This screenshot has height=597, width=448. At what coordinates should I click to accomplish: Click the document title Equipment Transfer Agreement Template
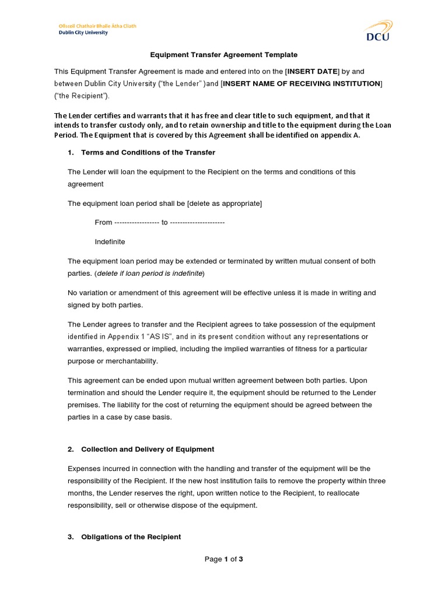tap(224, 55)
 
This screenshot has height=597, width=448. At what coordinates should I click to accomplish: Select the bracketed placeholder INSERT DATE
tap(311, 71)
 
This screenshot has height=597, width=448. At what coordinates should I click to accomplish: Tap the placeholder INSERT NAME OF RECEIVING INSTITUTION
tap(302, 83)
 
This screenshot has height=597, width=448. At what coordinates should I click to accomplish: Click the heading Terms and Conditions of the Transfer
tap(148, 152)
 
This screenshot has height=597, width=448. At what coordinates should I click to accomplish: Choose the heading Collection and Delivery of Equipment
tap(148, 449)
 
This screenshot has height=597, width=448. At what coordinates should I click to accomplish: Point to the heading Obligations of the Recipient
tap(131, 536)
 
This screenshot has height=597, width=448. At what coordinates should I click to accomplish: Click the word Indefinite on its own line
tap(110, 241)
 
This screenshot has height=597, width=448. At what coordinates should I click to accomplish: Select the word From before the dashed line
tap(103, 222)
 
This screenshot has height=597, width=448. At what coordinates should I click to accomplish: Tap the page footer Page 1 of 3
tap(223, 559)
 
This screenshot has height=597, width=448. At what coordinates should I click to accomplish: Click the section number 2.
tap(70, 449)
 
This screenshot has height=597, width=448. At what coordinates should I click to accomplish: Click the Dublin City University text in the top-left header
tap(83, 33)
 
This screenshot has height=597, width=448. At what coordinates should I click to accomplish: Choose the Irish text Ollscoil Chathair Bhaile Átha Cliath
tap(97, 26)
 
